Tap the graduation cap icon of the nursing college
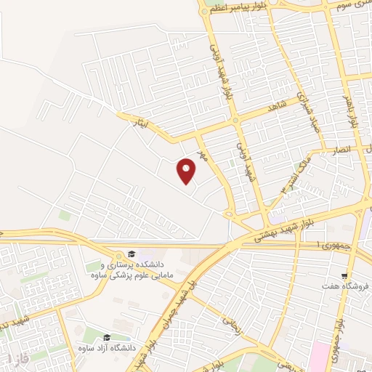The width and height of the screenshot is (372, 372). [x=132, y=254]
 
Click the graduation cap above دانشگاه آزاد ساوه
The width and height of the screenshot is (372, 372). [x=107, y=338]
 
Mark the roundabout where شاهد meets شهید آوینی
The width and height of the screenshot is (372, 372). [x=235, y=120]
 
